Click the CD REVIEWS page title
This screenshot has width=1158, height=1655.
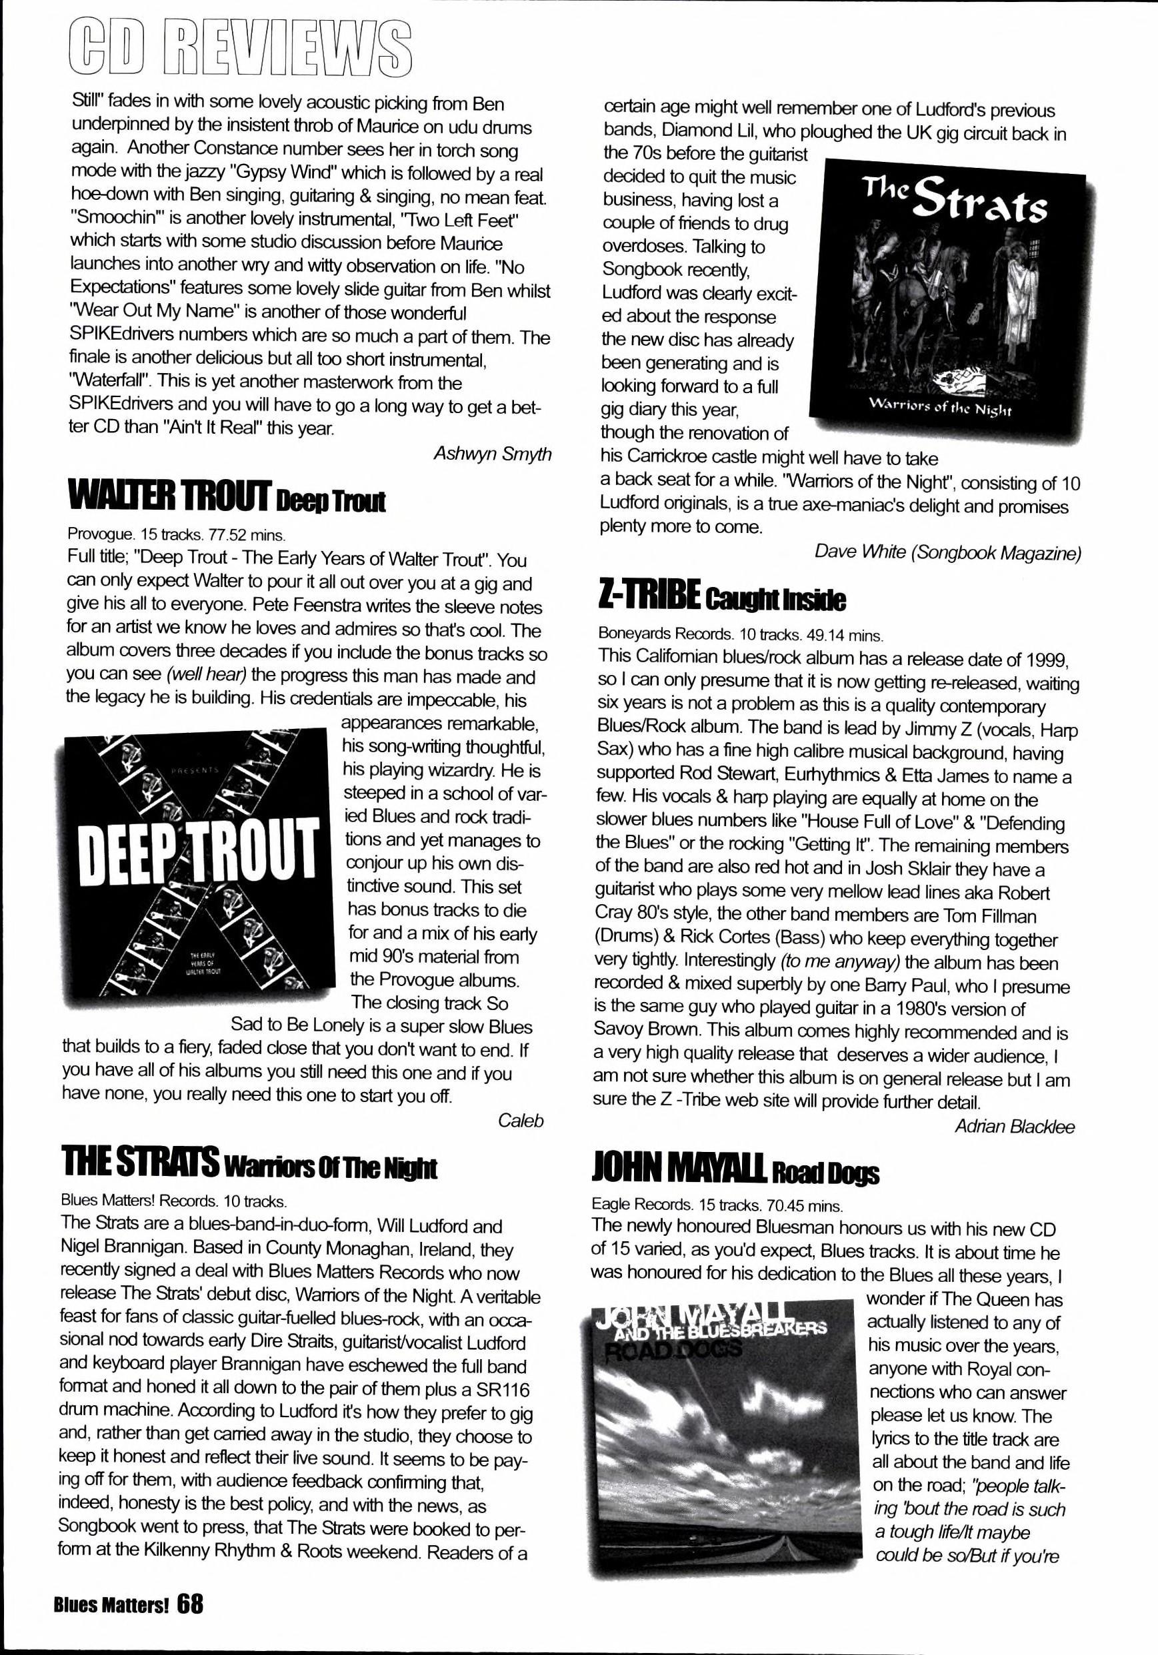click(x=242, y=49)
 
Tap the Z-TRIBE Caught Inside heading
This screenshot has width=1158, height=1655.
click(x=722, y=598)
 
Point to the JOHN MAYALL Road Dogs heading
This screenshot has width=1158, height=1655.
click(x=735, y=1171)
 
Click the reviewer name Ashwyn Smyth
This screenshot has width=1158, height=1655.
click(x=493, y=454)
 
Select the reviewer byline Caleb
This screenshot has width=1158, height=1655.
click(x=520, y=1120)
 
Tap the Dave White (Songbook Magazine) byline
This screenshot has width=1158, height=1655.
click(x=947, y=552)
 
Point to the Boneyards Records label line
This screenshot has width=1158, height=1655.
click(x=740, y=635)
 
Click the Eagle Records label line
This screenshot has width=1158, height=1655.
click(x=717, y=1205)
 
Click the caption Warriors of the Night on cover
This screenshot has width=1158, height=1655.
click(x=942, y=410)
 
